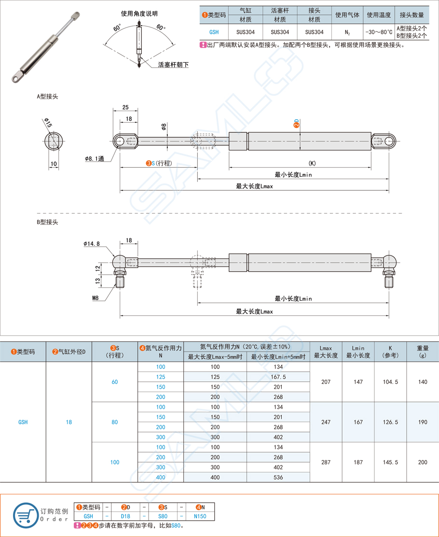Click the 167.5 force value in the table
coord(278,377)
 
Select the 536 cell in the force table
coord(278,477)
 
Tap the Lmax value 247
coord(326,422)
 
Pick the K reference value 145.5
coord(390,462)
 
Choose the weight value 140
coord(423,382)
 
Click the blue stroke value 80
coord(115,422)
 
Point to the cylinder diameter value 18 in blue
coord(69,422)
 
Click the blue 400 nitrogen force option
coord(161,477)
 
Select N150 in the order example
coord(200,516)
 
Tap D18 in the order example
coord(125,516)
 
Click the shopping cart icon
coord(25,515)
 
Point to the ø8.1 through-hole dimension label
coord(95,158)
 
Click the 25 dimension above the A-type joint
coord(125,107)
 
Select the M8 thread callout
coord(96,298)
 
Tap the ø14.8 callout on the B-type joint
coord(92,243)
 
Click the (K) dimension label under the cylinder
coord(312,163)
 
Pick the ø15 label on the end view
coord(48,122)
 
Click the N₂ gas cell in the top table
coord(347,32)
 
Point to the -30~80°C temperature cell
coord(379,32)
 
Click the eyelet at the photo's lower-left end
coord(16,77)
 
